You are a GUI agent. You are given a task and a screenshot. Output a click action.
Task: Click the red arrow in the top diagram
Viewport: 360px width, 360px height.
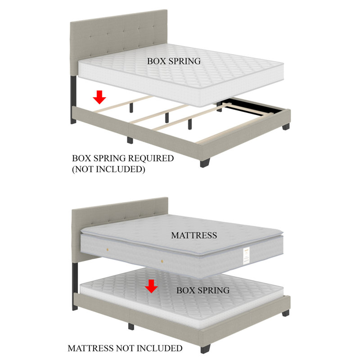[99, 97]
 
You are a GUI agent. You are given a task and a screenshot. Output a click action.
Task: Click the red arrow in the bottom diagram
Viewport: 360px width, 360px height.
[151, 286]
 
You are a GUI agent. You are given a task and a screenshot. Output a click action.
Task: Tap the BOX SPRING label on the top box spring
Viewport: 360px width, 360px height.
[174, 61]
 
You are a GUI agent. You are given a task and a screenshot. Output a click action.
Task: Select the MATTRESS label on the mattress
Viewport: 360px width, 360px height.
[194, 235]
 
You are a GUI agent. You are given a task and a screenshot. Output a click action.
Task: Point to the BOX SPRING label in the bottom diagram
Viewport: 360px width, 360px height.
[203, 290]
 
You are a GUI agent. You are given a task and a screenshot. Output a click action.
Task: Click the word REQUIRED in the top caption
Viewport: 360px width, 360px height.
[151, 158]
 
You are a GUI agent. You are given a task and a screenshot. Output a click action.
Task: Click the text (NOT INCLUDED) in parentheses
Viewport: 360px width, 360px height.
[108, 169]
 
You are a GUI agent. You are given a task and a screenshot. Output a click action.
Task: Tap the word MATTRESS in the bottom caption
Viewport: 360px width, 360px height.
[91, 348]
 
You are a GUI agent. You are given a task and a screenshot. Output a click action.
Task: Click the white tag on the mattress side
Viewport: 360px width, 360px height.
[246, 256]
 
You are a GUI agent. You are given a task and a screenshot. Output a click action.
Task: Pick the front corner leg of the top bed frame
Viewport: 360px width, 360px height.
[205, 163]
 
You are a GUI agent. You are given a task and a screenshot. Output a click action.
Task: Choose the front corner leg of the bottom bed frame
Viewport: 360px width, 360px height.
[206, 349]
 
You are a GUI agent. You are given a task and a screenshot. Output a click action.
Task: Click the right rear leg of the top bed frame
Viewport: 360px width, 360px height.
[286, 126]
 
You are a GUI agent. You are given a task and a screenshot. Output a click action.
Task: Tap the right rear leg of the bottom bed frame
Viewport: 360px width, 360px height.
[286, 313]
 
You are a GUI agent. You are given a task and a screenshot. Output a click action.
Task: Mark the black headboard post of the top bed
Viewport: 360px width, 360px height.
[73, 99]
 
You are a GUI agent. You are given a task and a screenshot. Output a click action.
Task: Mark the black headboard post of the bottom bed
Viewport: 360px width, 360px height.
[75, 286]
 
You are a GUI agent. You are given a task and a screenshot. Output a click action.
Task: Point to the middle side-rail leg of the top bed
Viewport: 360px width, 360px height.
[130, 140]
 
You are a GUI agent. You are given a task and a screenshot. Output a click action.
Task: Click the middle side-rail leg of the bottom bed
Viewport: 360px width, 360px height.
[131, 327]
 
